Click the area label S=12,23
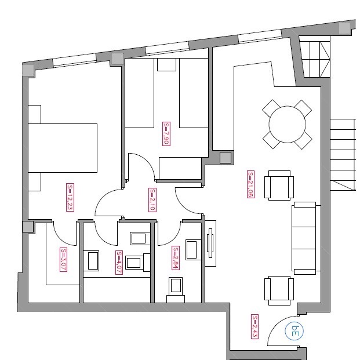point(70,197)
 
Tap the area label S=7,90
point(166,134)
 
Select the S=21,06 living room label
point(250,184)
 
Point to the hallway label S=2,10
point(152,200)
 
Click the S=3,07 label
point(63,260)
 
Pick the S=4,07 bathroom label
point(119,263)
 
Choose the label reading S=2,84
point(176,258)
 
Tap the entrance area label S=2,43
point(254,326)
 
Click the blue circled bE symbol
point(294,331)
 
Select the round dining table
point(287,125)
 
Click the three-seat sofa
point(306,238)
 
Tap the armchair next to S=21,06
point(279,186)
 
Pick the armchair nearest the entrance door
point(279,290)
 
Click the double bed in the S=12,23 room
point(63,148)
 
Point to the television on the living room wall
point(210,243)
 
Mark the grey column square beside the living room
point(226,158)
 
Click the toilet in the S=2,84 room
point(176,290)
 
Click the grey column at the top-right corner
point(345,28)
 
